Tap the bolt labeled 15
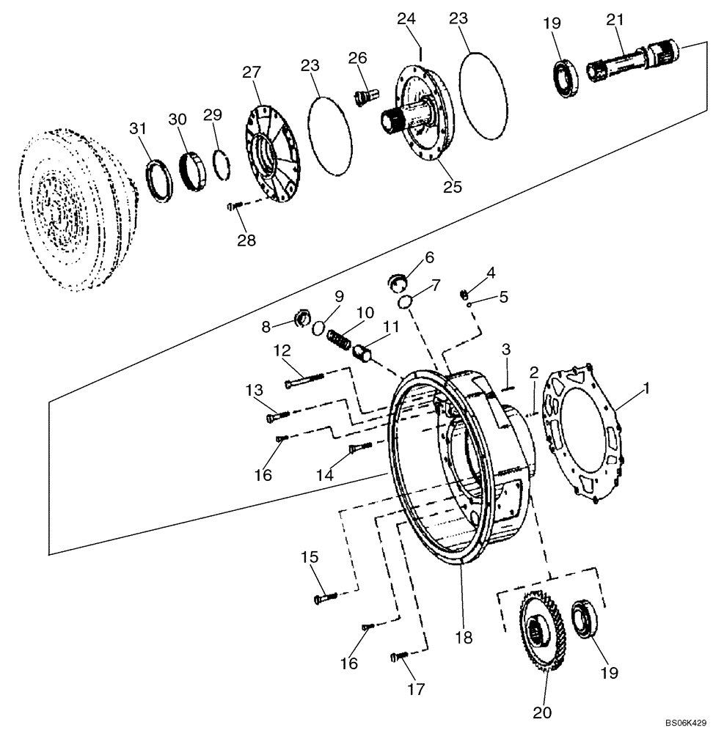[x=326, y=598]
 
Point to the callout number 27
[x=252, y=72]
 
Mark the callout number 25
[x=453, y=187]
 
